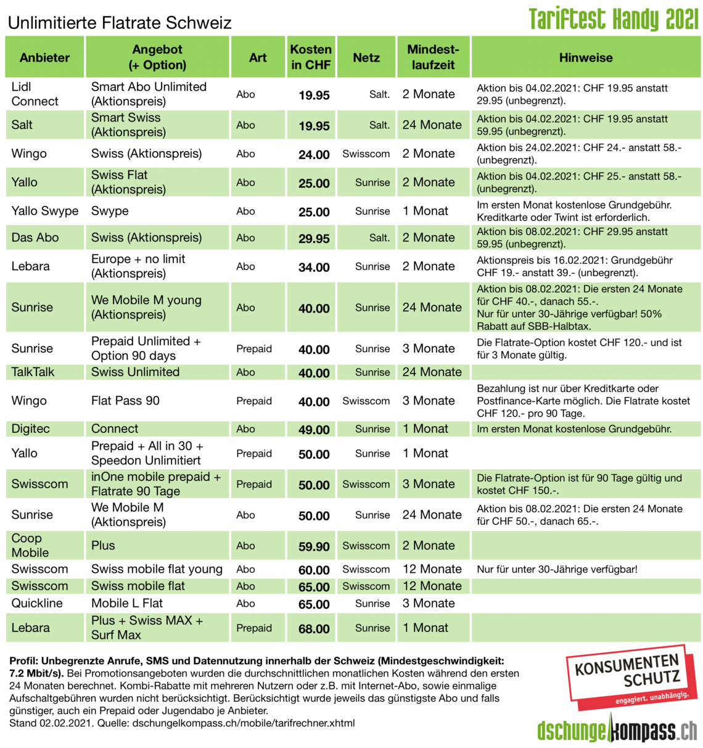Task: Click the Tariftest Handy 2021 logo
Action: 613,19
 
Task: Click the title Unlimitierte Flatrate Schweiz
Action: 120,23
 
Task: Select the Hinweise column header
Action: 585,57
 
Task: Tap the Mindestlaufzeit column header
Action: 433,57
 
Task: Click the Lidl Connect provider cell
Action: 35,94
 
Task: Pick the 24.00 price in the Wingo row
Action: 314,155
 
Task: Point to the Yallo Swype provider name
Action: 45,211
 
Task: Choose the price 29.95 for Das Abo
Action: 314,239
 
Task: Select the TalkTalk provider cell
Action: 33,372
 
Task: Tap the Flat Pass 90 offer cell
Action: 125,401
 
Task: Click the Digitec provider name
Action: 30,429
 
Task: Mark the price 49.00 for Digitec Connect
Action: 314,430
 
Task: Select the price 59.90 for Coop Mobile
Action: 314,547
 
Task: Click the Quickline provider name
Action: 37,603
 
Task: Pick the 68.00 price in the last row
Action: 314,629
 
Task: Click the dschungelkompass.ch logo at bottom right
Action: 617,731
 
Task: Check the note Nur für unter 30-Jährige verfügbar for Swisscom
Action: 557,569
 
